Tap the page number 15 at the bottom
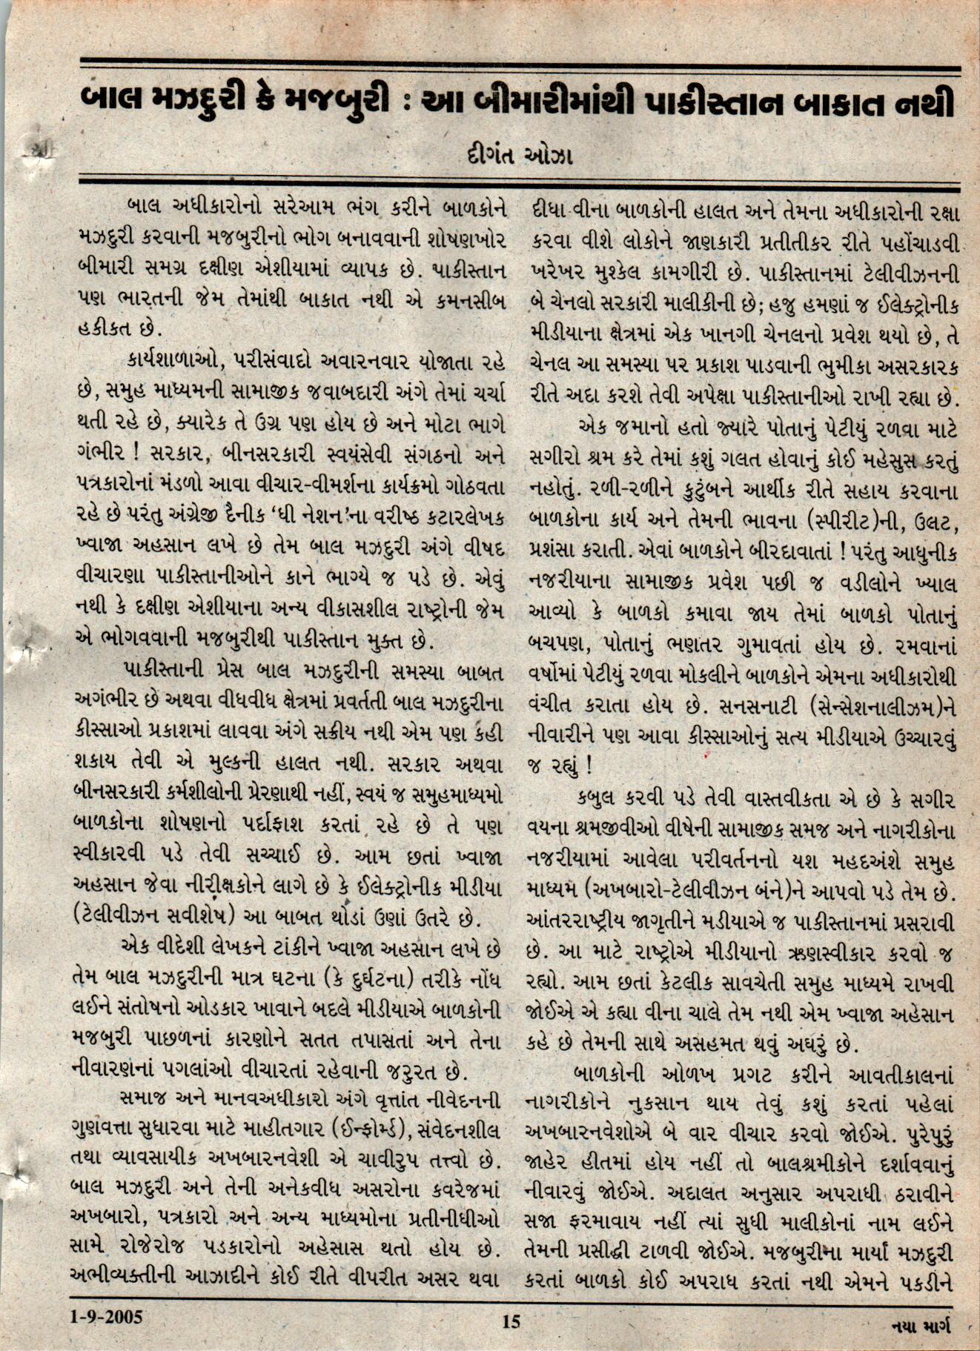click(x=511, y=1321)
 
